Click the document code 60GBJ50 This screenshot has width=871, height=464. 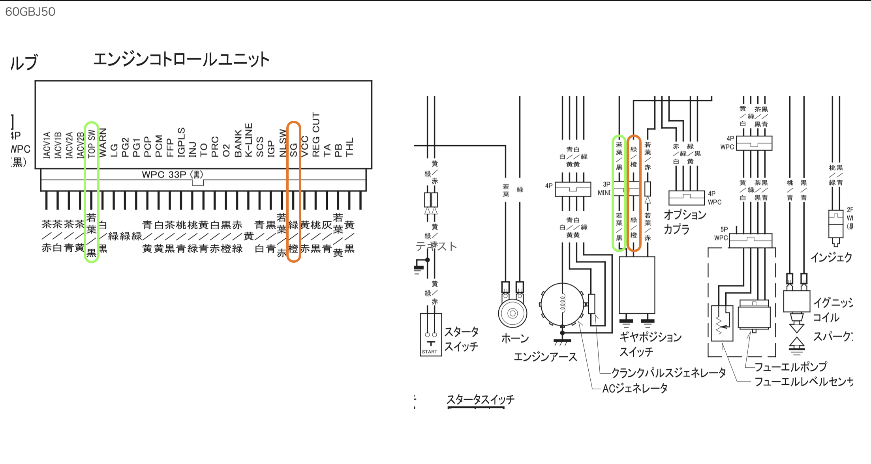pyautogui.click(x=30, y=12)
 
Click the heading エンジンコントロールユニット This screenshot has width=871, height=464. pyautogui.click(x=181, y=60)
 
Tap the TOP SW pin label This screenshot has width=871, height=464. pyautogui.click(x=92, y=144)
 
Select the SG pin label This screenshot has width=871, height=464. pyautogui.click(x=293, y=150)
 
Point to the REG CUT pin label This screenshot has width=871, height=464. pyautogui.click(x=316, y=135)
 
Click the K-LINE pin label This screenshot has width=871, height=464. pyautogui.click(x=248, y=140)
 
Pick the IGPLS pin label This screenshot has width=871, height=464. pyautogui.click(x=181, y=142)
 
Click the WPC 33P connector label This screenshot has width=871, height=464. pyautogui.click(x=173, y=174)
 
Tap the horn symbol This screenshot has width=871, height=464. pyautogui.click(x=512, y=313)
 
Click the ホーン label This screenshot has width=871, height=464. pyautogui.click(x=515, y=338)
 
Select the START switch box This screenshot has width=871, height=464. pyautogui.click(x=430, y=335)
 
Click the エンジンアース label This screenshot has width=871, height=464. pyautogui.click(x=545, y=357)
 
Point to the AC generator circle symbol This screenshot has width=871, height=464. pyautogui.click(x=562, y=304)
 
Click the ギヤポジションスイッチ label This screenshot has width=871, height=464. pyautogui.click(x=650, y=344)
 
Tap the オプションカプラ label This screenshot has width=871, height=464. pyautogui.click(x=684, y=222)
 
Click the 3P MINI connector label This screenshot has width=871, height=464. pyautogui.click(x=604, y=189)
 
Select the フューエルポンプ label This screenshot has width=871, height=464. pyautogui.click(x=790, y=367)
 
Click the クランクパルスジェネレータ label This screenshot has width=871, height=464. pyautogui.click(x=668, y=372)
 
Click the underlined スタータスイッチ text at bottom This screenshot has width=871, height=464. pyautogui.click(x=481, y=400)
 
